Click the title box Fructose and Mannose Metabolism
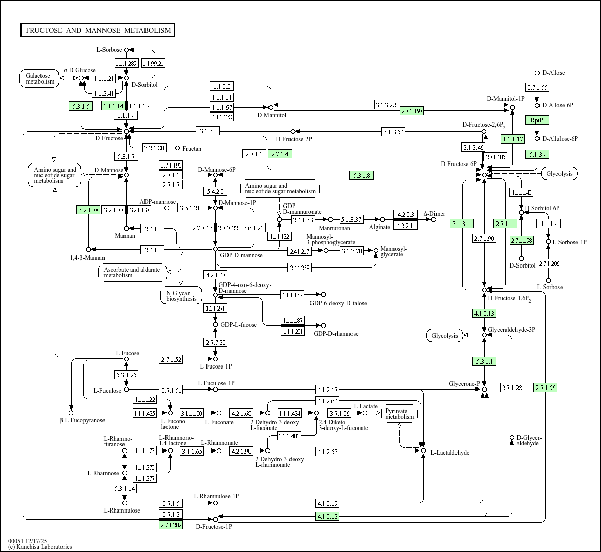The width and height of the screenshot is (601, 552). pos(98,30)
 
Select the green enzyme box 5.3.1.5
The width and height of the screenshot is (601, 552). pos(79,106)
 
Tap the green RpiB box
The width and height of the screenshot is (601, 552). pos(537,120)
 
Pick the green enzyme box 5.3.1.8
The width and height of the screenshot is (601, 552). pos(362,175)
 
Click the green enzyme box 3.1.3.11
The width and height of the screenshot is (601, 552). pos(462,223)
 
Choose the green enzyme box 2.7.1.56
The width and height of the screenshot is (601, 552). pos(545,387)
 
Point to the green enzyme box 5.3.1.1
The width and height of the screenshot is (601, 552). pos(484,362)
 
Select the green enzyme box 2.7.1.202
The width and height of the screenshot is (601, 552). pos(171,525)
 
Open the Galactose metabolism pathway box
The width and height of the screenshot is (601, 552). pos(40,78)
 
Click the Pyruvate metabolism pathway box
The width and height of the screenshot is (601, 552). pos(400,414)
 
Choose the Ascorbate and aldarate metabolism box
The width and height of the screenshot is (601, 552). pos(132,272)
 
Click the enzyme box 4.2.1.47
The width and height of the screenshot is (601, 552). pos(215,275)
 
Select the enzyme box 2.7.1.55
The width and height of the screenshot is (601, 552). pos(537,87)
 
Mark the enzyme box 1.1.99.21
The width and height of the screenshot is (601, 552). pos(153,63)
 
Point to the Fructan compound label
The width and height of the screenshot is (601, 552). pos(192,149)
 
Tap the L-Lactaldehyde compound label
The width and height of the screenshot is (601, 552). pos(449,453)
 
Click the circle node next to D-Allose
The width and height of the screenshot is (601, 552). pos(537,73)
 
